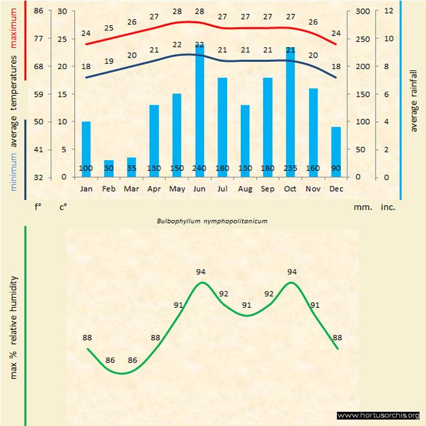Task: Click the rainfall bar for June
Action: tap(199, 110)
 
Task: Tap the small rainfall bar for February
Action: tap(108, 168)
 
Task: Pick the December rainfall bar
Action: tap(336, 152)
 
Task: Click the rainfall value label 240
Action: tap(199, 169)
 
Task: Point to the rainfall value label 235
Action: tap(290, 169)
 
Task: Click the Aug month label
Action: tap(245, 189)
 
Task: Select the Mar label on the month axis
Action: tap(132, 189)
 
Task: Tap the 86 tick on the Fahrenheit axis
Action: tap(39, 12)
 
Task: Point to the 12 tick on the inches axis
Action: tap(388, 12)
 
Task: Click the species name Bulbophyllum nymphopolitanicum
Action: tap(212, 220)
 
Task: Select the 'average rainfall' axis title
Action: tap(414, 97)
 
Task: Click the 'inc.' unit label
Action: tap(388, 207)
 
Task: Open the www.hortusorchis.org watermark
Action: tap(378, 415)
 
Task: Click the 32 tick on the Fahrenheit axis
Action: tap(39, 177)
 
